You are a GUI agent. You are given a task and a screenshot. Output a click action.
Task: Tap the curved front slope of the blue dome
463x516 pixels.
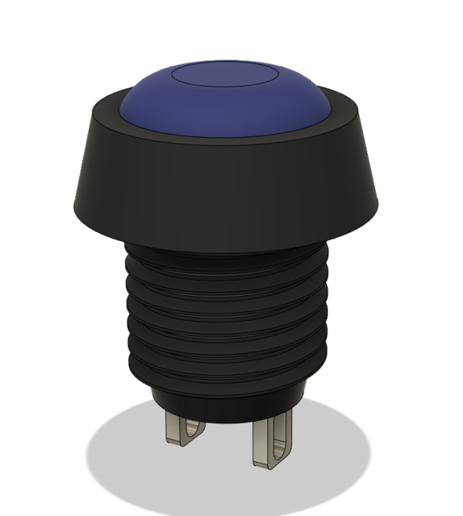click(227, 113)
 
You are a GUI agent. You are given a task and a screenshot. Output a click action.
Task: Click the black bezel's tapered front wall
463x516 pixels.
click(226, 185)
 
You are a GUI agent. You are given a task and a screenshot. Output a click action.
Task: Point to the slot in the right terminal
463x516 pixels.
click(278, 439)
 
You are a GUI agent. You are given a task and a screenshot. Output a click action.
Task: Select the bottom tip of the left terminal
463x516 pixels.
click(174, 443)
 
